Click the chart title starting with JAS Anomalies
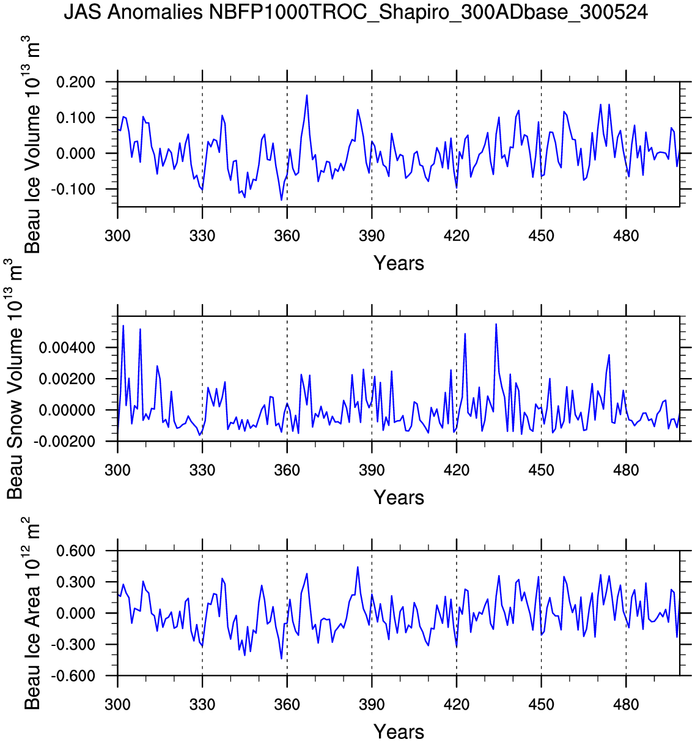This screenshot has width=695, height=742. (x=356, y=12)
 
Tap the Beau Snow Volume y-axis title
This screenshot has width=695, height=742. (x=15, y=379)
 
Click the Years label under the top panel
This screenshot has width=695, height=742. (x=399, y=263)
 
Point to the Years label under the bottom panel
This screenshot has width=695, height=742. (x=399, y=731)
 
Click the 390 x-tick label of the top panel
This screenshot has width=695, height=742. (x=372, y=236)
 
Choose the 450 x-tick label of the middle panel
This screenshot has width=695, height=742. (x=541, y=470)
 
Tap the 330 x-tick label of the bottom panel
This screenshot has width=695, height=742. (x=202, y=705)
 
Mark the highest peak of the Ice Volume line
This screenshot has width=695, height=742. (x=307, y=95)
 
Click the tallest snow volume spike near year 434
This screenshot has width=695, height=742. (x=496, y=324)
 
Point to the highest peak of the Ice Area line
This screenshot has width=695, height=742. (x=358, y=567)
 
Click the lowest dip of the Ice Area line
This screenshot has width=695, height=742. (x=281, y=659)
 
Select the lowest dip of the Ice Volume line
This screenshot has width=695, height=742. (x=281, y=200)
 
